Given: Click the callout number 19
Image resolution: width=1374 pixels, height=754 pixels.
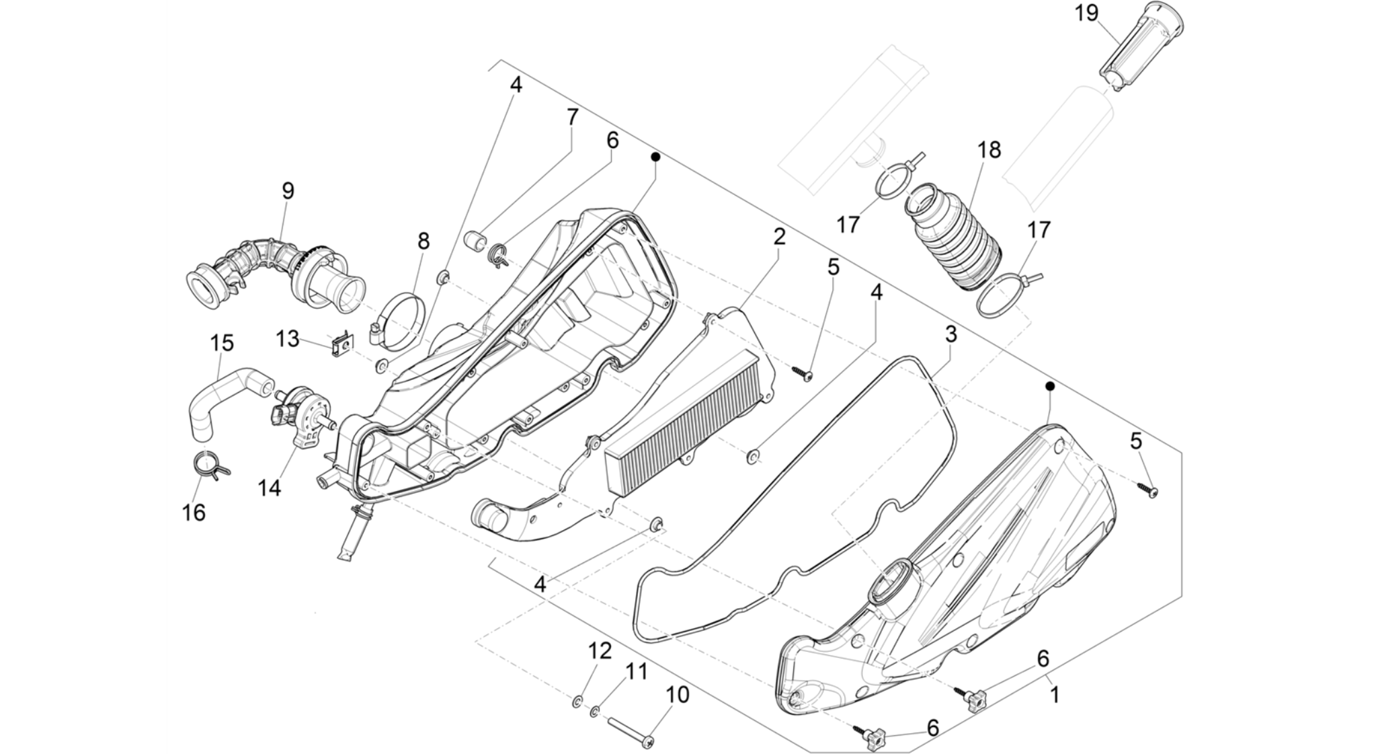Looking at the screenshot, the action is click(1086, 13).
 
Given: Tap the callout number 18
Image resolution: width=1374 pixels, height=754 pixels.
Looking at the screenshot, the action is click(989, 149).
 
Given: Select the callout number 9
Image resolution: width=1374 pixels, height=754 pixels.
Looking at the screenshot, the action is click(288, 190).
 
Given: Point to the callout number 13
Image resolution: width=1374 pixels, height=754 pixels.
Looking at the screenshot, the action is click(287, 338).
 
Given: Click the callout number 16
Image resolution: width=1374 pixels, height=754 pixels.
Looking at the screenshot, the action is click(194, 513).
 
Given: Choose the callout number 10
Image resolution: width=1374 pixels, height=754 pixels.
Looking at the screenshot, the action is click(678, 695).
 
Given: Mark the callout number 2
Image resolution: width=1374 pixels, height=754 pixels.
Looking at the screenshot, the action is click(779, 236).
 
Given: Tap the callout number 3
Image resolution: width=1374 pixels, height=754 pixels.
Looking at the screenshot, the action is click(951, 334).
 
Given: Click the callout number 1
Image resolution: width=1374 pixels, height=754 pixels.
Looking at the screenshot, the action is click(1055, 694).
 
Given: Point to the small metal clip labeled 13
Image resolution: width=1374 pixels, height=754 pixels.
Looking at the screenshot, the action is click(343, 345).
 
